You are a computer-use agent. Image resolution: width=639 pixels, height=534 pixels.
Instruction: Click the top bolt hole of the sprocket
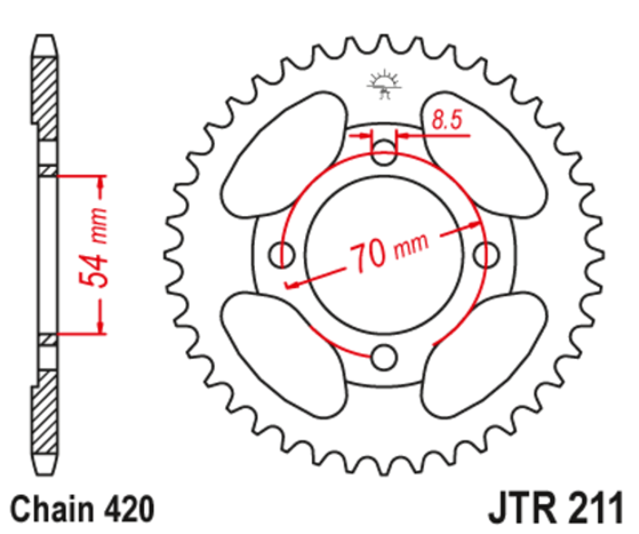coord(386,152)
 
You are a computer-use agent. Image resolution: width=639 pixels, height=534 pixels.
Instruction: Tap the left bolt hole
coord(285,254)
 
